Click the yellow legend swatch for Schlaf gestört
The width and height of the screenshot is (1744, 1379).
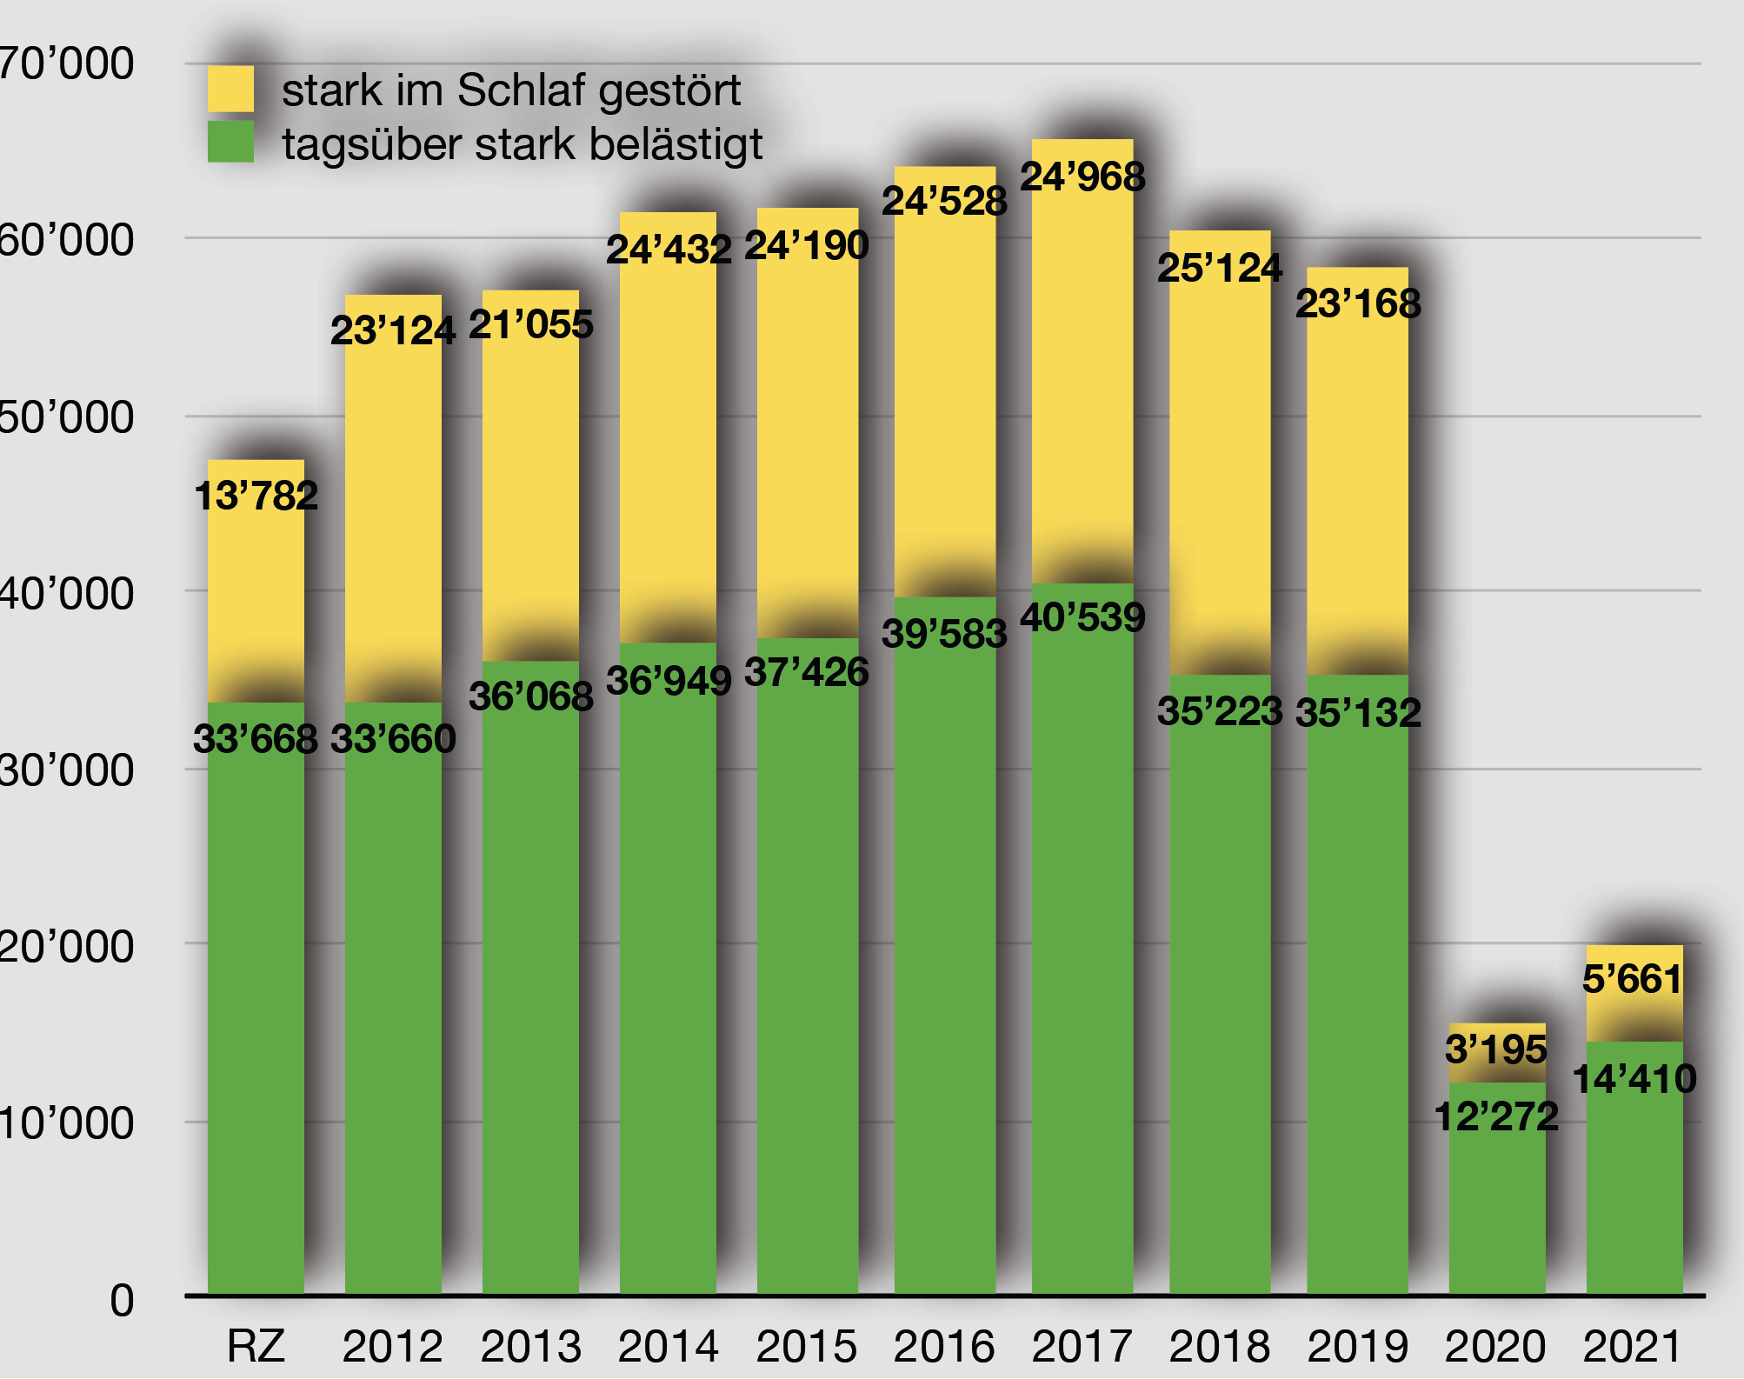click(230, 89)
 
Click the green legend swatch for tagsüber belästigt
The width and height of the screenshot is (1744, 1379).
click(230, 142)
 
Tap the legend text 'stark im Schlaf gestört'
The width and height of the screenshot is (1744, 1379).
click(511, 90)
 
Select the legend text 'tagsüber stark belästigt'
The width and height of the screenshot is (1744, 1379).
click(522, 144)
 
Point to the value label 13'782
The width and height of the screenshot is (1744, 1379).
click(256, 496)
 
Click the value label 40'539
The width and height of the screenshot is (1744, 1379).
click(1082, 617)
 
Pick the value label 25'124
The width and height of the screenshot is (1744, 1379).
click(1219, 268)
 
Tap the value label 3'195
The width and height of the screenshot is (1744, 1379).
click(1495, 1049)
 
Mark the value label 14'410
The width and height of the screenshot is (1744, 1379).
click(1634, 1079)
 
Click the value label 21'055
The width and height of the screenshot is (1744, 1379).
click(530, 324)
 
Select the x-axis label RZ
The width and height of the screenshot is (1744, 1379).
click(256, 1346)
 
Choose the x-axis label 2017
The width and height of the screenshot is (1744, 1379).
click(1082, 1346)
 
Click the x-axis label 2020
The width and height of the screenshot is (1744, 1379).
click(1495, 1346)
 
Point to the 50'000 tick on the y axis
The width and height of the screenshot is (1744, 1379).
click(66, 416)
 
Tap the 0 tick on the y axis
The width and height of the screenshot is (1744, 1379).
click(122, 1301)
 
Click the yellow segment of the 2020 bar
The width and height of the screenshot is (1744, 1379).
click(1497, 1035)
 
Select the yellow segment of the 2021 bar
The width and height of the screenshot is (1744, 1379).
click(1634, 1009)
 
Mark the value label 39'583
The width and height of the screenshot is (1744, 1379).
click(944, 634)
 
